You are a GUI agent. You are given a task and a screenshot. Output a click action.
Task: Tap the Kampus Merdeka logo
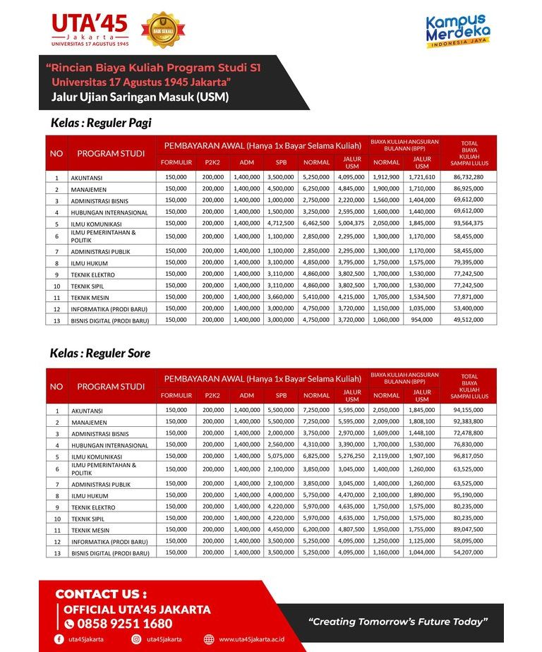(457, 31)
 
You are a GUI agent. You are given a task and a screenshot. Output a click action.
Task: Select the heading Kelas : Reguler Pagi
(101, 123)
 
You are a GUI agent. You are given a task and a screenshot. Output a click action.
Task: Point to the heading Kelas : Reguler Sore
(100, 353)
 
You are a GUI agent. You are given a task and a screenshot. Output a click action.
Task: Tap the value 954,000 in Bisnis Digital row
(422, 320)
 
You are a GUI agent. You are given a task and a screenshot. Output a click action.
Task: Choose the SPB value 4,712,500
(280, 223)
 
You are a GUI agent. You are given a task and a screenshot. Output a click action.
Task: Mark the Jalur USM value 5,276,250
(351, 456)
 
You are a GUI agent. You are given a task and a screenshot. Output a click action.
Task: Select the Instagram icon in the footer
(136, 639)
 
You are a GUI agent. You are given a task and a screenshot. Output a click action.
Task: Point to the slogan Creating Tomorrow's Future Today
(399, 622)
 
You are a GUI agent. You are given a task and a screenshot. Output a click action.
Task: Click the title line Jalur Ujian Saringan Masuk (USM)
(140, 97)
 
